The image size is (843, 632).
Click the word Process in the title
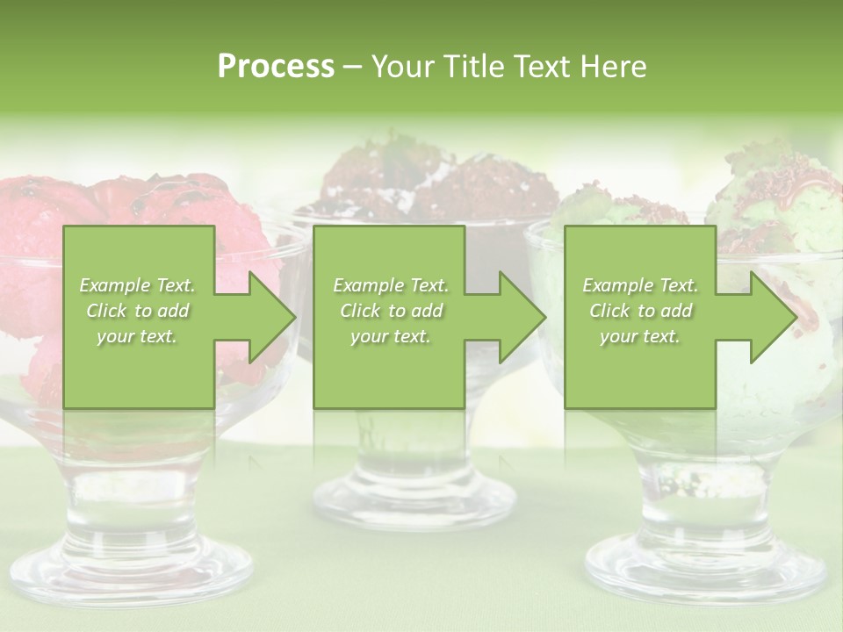point(276,67)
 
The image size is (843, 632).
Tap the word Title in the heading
point(473,67)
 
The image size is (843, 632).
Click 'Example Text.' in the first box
point(138,285)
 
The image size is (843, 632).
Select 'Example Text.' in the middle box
point(391,285)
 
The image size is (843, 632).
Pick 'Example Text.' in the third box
point(640,285)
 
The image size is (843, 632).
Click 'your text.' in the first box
point(138,336)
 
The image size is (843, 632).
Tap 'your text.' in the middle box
point(391,336)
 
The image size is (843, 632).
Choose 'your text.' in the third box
point(640,336)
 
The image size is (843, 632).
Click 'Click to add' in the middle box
point(391,311)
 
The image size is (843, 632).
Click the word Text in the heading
point(541,67)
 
